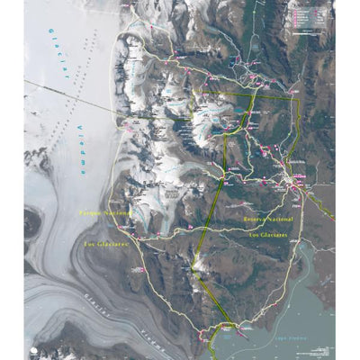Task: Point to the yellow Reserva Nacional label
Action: point(268,219)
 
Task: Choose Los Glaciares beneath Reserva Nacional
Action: point(269,234)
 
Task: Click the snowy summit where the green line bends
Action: point(196,263)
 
